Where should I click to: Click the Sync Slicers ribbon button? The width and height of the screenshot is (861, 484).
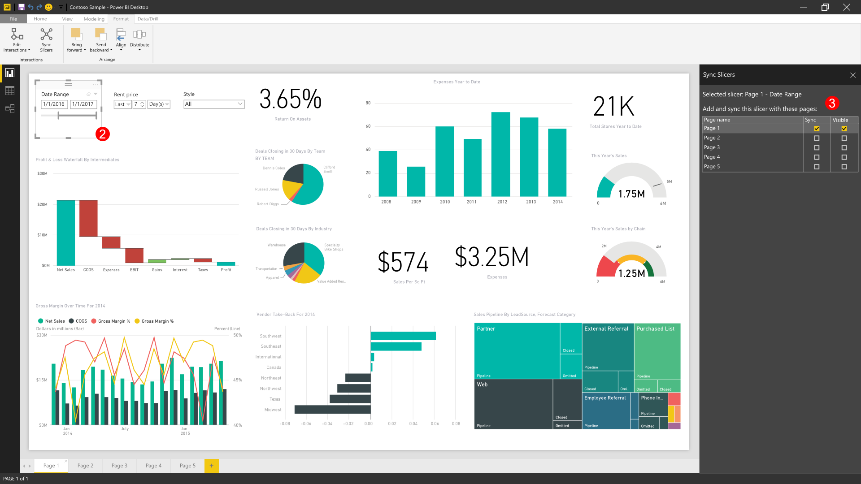point(46,39)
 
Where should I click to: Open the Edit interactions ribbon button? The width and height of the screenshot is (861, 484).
point(17,39)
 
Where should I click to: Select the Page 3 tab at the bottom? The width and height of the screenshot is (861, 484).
point(119,466)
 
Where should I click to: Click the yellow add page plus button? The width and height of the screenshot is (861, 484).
point(211,466)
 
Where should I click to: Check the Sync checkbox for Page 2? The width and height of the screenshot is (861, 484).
point(817,138)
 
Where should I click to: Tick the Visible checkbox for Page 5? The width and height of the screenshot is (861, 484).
point(844,167)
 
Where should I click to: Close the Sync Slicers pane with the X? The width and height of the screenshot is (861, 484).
point(853,75)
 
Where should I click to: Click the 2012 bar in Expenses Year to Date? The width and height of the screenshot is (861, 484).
point(500,154)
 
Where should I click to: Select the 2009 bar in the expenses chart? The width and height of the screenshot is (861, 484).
point(416,181)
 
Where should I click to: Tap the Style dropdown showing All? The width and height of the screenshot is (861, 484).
point(214,104)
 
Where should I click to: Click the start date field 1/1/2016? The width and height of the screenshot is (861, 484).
point(54,104)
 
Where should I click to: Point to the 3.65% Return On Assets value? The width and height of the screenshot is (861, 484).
point(291,99)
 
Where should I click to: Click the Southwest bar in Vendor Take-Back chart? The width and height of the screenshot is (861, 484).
point(403,336)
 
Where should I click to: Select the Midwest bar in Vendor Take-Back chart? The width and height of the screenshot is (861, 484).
point(332,409)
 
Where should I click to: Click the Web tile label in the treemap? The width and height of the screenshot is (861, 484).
point(482,385)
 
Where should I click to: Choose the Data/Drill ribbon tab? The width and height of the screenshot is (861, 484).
point(148,19)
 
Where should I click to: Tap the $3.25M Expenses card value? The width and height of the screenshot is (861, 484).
point(491,257)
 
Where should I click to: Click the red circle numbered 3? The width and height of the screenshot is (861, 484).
point(832,103)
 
